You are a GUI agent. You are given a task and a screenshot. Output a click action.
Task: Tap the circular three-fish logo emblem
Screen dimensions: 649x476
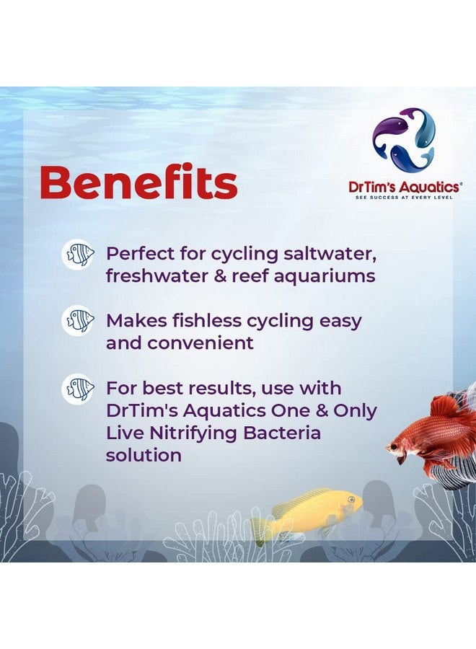click(x=404, y=141)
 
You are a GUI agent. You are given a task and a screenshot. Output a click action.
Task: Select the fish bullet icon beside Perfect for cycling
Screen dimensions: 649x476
click(x=78, y=255)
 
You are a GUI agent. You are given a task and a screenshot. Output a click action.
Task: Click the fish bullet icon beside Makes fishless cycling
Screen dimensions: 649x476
click(x=78, y=320)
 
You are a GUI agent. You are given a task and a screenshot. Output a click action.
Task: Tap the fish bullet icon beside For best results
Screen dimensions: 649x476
click(x=78, y=388)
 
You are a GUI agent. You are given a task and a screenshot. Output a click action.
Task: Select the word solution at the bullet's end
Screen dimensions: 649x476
click(x=143, y=456)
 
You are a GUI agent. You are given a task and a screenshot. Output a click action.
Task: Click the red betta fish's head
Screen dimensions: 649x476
click(x=401, y=445)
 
